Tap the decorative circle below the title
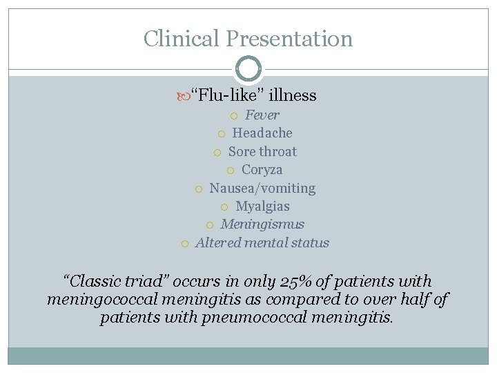[248, 68]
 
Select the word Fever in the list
[262, 115]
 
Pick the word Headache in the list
[262, 133]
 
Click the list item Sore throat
[262, 151]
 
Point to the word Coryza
[262, 169]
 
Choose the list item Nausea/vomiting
[262, 188]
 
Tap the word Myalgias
[262, 206]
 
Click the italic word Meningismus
[262, 224]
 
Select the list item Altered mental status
[262, 242]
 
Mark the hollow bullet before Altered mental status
[185, 243]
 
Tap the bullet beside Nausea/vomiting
[199, 189]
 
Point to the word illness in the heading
[293, 95]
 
